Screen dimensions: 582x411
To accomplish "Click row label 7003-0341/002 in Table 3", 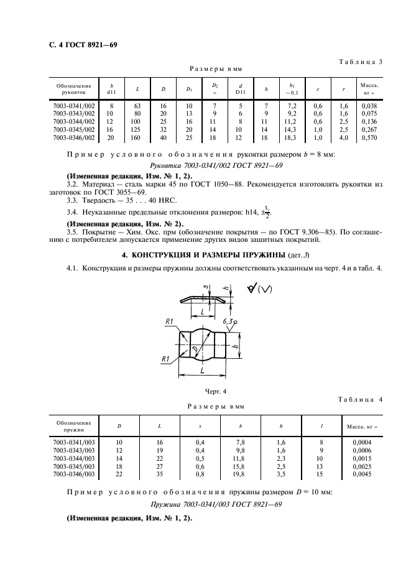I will point(74,106).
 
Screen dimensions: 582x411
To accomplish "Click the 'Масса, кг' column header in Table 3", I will point(371,88).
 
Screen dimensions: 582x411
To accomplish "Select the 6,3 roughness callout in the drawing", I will point(228,321).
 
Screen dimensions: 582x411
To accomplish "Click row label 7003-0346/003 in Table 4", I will point(74,473).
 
